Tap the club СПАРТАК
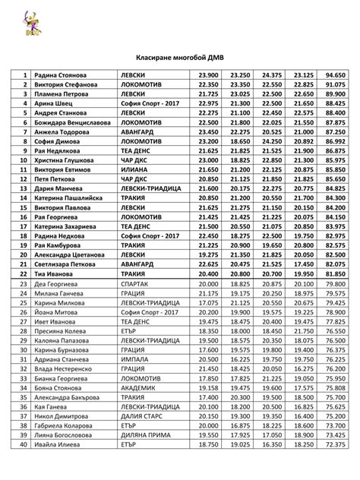[137, 283]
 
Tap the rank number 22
[24, 273]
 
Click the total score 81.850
[336, 273]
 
